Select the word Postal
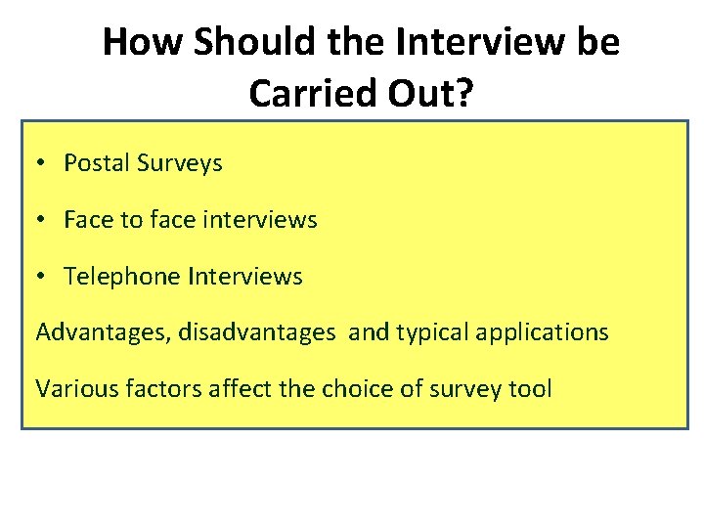pyautogui.click(x=95, y=163)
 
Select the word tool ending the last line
pyautogui.click(x=531, y=388)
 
